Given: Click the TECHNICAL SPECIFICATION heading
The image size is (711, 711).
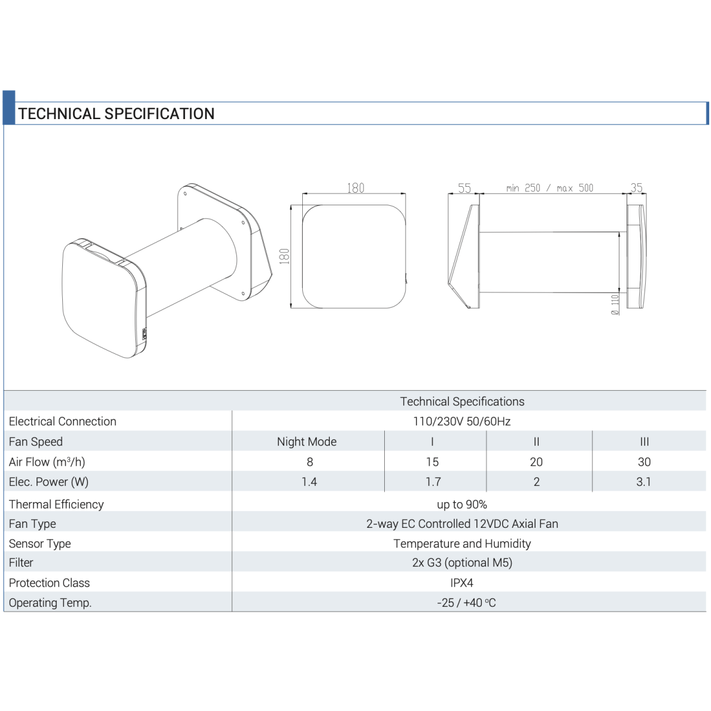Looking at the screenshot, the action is tap(116, 113).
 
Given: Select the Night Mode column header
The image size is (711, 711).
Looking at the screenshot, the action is tap(307, 442).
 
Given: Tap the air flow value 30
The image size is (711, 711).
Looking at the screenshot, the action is tap(644, 462).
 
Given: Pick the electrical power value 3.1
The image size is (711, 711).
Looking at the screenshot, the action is tap(643, 482).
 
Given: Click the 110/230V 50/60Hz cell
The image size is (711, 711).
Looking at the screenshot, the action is tap(461, 421).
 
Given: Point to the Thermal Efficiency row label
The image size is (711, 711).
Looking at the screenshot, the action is tap(56, 505).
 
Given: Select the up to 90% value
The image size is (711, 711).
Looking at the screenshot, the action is tap(461, 505).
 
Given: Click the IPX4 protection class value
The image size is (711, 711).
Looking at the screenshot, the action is tap(461, 583).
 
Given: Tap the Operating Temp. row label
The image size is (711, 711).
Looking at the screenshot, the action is tap(50, 603).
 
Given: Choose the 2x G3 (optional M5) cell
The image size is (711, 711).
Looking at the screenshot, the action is tap(462, 563).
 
